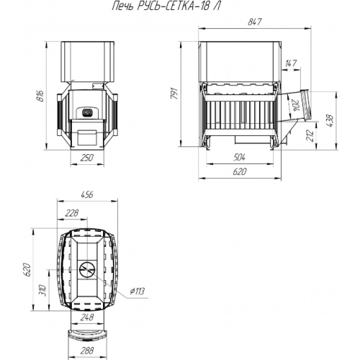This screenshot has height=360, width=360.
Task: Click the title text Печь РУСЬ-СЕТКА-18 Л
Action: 166,6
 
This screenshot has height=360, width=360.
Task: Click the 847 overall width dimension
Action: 254,22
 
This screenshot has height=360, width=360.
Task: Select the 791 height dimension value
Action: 174,94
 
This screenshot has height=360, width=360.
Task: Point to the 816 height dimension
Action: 40,96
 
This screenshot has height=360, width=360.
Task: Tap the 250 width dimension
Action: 87,158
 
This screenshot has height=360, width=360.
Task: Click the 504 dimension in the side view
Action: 239,158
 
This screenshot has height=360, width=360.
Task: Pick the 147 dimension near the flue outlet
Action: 291,63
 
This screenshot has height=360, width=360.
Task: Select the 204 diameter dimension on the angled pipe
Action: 296,106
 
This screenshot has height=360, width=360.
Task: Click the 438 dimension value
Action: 330,121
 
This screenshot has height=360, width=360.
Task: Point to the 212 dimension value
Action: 310,135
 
